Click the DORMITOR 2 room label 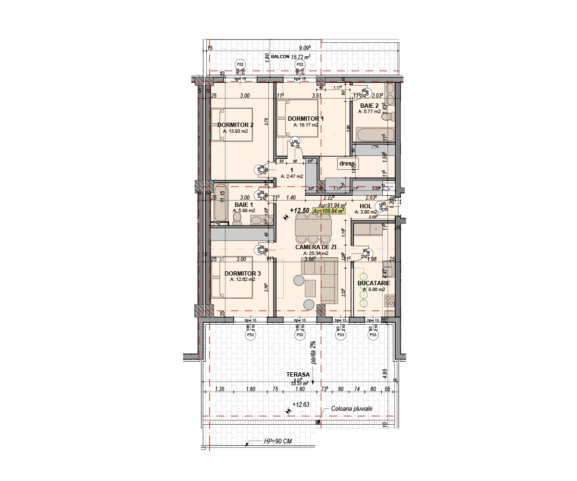tap(235, 124)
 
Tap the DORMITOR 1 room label tap(305, 118)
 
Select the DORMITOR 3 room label tap(242, 273)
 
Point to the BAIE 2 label tap(370, 105)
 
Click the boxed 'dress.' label tap(346, 164)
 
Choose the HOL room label tap(366, 205)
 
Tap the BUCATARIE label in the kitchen tap(374, 283)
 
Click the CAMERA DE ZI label tap(315, 247)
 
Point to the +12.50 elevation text tap(299, 210)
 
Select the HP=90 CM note tap(277, 441)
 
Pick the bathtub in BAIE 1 tap(221, 203)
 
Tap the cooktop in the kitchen tap(389, 301)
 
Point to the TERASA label tap(298, 374)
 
